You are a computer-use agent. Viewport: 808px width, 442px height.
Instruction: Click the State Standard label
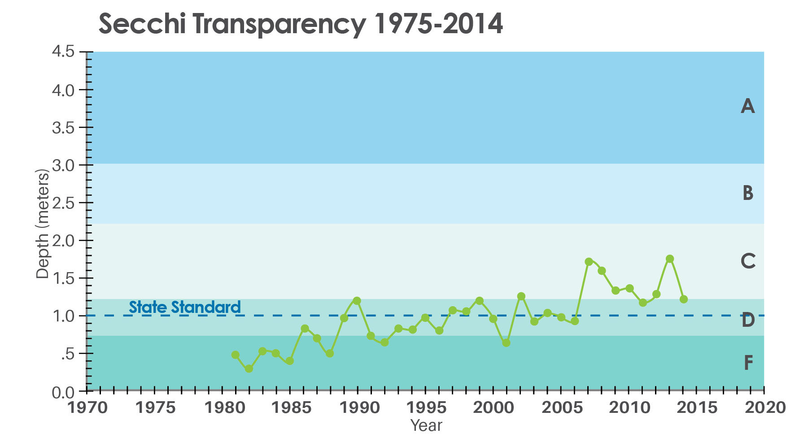click(185, 308)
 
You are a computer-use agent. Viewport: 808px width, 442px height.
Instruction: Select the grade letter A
click(747, 106)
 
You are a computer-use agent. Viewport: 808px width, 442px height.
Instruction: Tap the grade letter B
click(747, 193)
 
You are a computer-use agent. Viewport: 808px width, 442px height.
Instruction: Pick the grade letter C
click(748, 261)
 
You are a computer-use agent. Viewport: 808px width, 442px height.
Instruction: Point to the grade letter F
click(748, 363)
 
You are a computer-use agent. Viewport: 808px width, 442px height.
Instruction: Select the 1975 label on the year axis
click(155, 408)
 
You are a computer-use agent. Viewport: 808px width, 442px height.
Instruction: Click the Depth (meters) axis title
click(42, 224)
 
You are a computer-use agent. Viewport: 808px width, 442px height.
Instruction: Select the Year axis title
click(426, 425)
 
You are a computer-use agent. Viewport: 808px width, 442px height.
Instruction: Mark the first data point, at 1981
click(236, 355)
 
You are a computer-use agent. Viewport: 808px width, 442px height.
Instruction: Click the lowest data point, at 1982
click(249, 368)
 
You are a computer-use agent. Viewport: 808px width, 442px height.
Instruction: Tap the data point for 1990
click(357, 300)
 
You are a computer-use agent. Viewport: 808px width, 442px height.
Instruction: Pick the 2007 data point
click(589, 261)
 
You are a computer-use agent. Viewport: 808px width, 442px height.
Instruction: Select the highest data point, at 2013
click(670, 259)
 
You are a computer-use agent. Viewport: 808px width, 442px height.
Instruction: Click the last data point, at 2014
click(684, 299)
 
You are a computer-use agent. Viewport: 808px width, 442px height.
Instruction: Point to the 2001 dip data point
click(507, 342)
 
